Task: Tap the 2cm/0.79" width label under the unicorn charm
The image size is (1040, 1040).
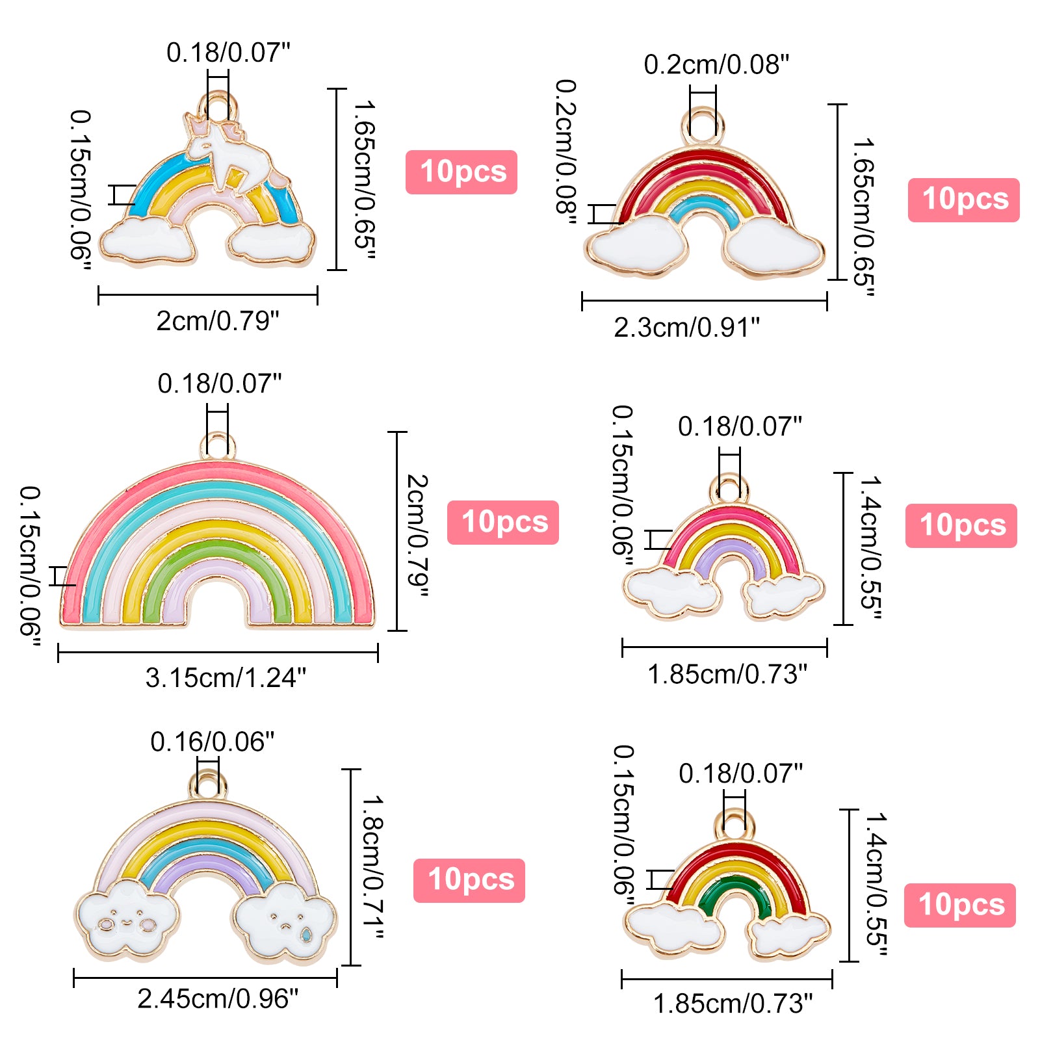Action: [218, 321]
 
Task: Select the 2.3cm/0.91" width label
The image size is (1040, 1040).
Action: [686, 328]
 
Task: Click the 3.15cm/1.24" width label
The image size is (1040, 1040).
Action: [226, 678]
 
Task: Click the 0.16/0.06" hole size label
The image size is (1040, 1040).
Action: [212, 742]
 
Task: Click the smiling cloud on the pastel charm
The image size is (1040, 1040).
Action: [127, 916]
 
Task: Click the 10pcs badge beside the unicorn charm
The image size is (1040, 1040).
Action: [461, 172]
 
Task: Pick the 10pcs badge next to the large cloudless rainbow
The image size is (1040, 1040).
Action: [503, 523]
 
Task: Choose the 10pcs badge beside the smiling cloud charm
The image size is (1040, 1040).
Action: [469, 880]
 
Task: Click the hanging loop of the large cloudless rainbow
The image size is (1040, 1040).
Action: [218, 446]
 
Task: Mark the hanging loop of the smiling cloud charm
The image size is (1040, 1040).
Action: [208, 784]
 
